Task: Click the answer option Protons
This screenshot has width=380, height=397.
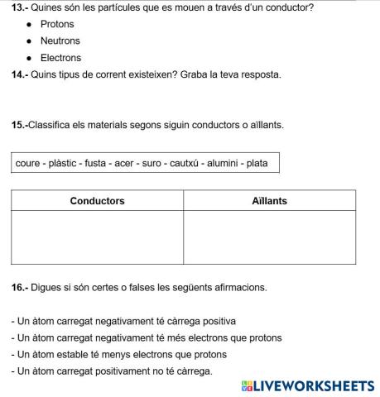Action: pyautogui.click(x=57, y=24)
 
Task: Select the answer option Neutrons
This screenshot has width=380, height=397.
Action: pyautogui.click(x=60, y=41)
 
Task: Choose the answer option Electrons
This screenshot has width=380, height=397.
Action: pyautogui.click(x=60, y=58)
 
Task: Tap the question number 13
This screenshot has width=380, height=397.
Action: pyautogui.click(x=20, y=7)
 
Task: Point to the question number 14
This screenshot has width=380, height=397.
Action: pyautogui.click(x=20, y=74)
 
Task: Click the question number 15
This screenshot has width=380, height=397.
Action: pyautogui.click(x=19, y=126)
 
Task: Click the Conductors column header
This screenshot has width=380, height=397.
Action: pyautogui.click(x=98, y=201)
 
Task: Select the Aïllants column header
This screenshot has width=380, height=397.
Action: pyautogui.click(x=269, y=201)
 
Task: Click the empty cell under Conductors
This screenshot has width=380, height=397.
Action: pyautogui.click(x=98, y=237)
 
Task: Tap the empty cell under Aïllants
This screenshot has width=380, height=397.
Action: pyautogui.click(x=269, y=237)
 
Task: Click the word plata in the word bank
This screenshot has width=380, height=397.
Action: pyautogui.click(x=257, y=163)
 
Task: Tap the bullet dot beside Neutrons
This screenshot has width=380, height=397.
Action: pyautogui.click(x=30, y=41)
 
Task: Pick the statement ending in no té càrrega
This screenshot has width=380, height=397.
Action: pyautogui.click(x=112, y=371)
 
